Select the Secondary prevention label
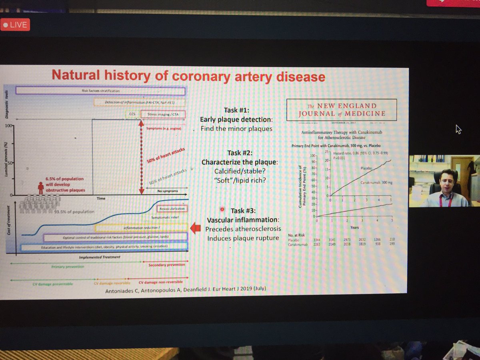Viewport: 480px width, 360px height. pyautogui.click(x=167, y=265)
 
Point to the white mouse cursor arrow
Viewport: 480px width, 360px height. pyautogui.click(x=458, y=129)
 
